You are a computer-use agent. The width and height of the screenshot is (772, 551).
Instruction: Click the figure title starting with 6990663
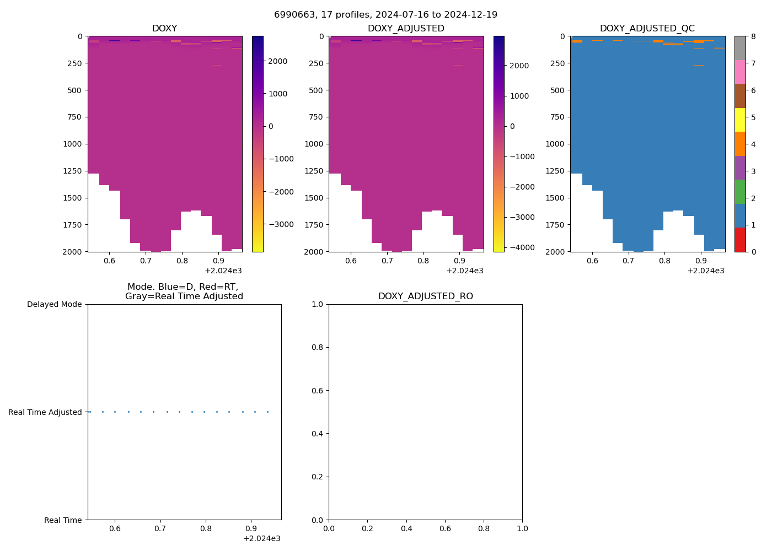pos(385,15)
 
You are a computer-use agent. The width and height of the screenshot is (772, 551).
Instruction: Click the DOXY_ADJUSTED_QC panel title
pos(647,29)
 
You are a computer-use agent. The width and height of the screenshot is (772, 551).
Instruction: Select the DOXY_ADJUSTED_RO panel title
pos(425,296)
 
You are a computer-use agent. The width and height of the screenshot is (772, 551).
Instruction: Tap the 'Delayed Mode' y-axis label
pos(54,304)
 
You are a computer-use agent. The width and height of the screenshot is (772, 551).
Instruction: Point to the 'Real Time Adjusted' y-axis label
pos(45,412)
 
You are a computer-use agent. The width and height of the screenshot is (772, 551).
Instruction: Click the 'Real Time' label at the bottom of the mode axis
pos(63,520)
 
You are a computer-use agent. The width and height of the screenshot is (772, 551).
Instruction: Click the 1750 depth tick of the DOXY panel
pos(72,225)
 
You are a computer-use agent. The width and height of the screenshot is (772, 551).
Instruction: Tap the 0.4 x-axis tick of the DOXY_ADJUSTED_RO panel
pos(406,529)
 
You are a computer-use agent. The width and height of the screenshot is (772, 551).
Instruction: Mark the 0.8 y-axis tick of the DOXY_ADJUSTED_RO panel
pos(317,347)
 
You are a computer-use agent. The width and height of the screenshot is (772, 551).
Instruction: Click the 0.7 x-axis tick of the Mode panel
pos(160,529)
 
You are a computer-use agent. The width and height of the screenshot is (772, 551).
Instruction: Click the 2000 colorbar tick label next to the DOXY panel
pos(277,61)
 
